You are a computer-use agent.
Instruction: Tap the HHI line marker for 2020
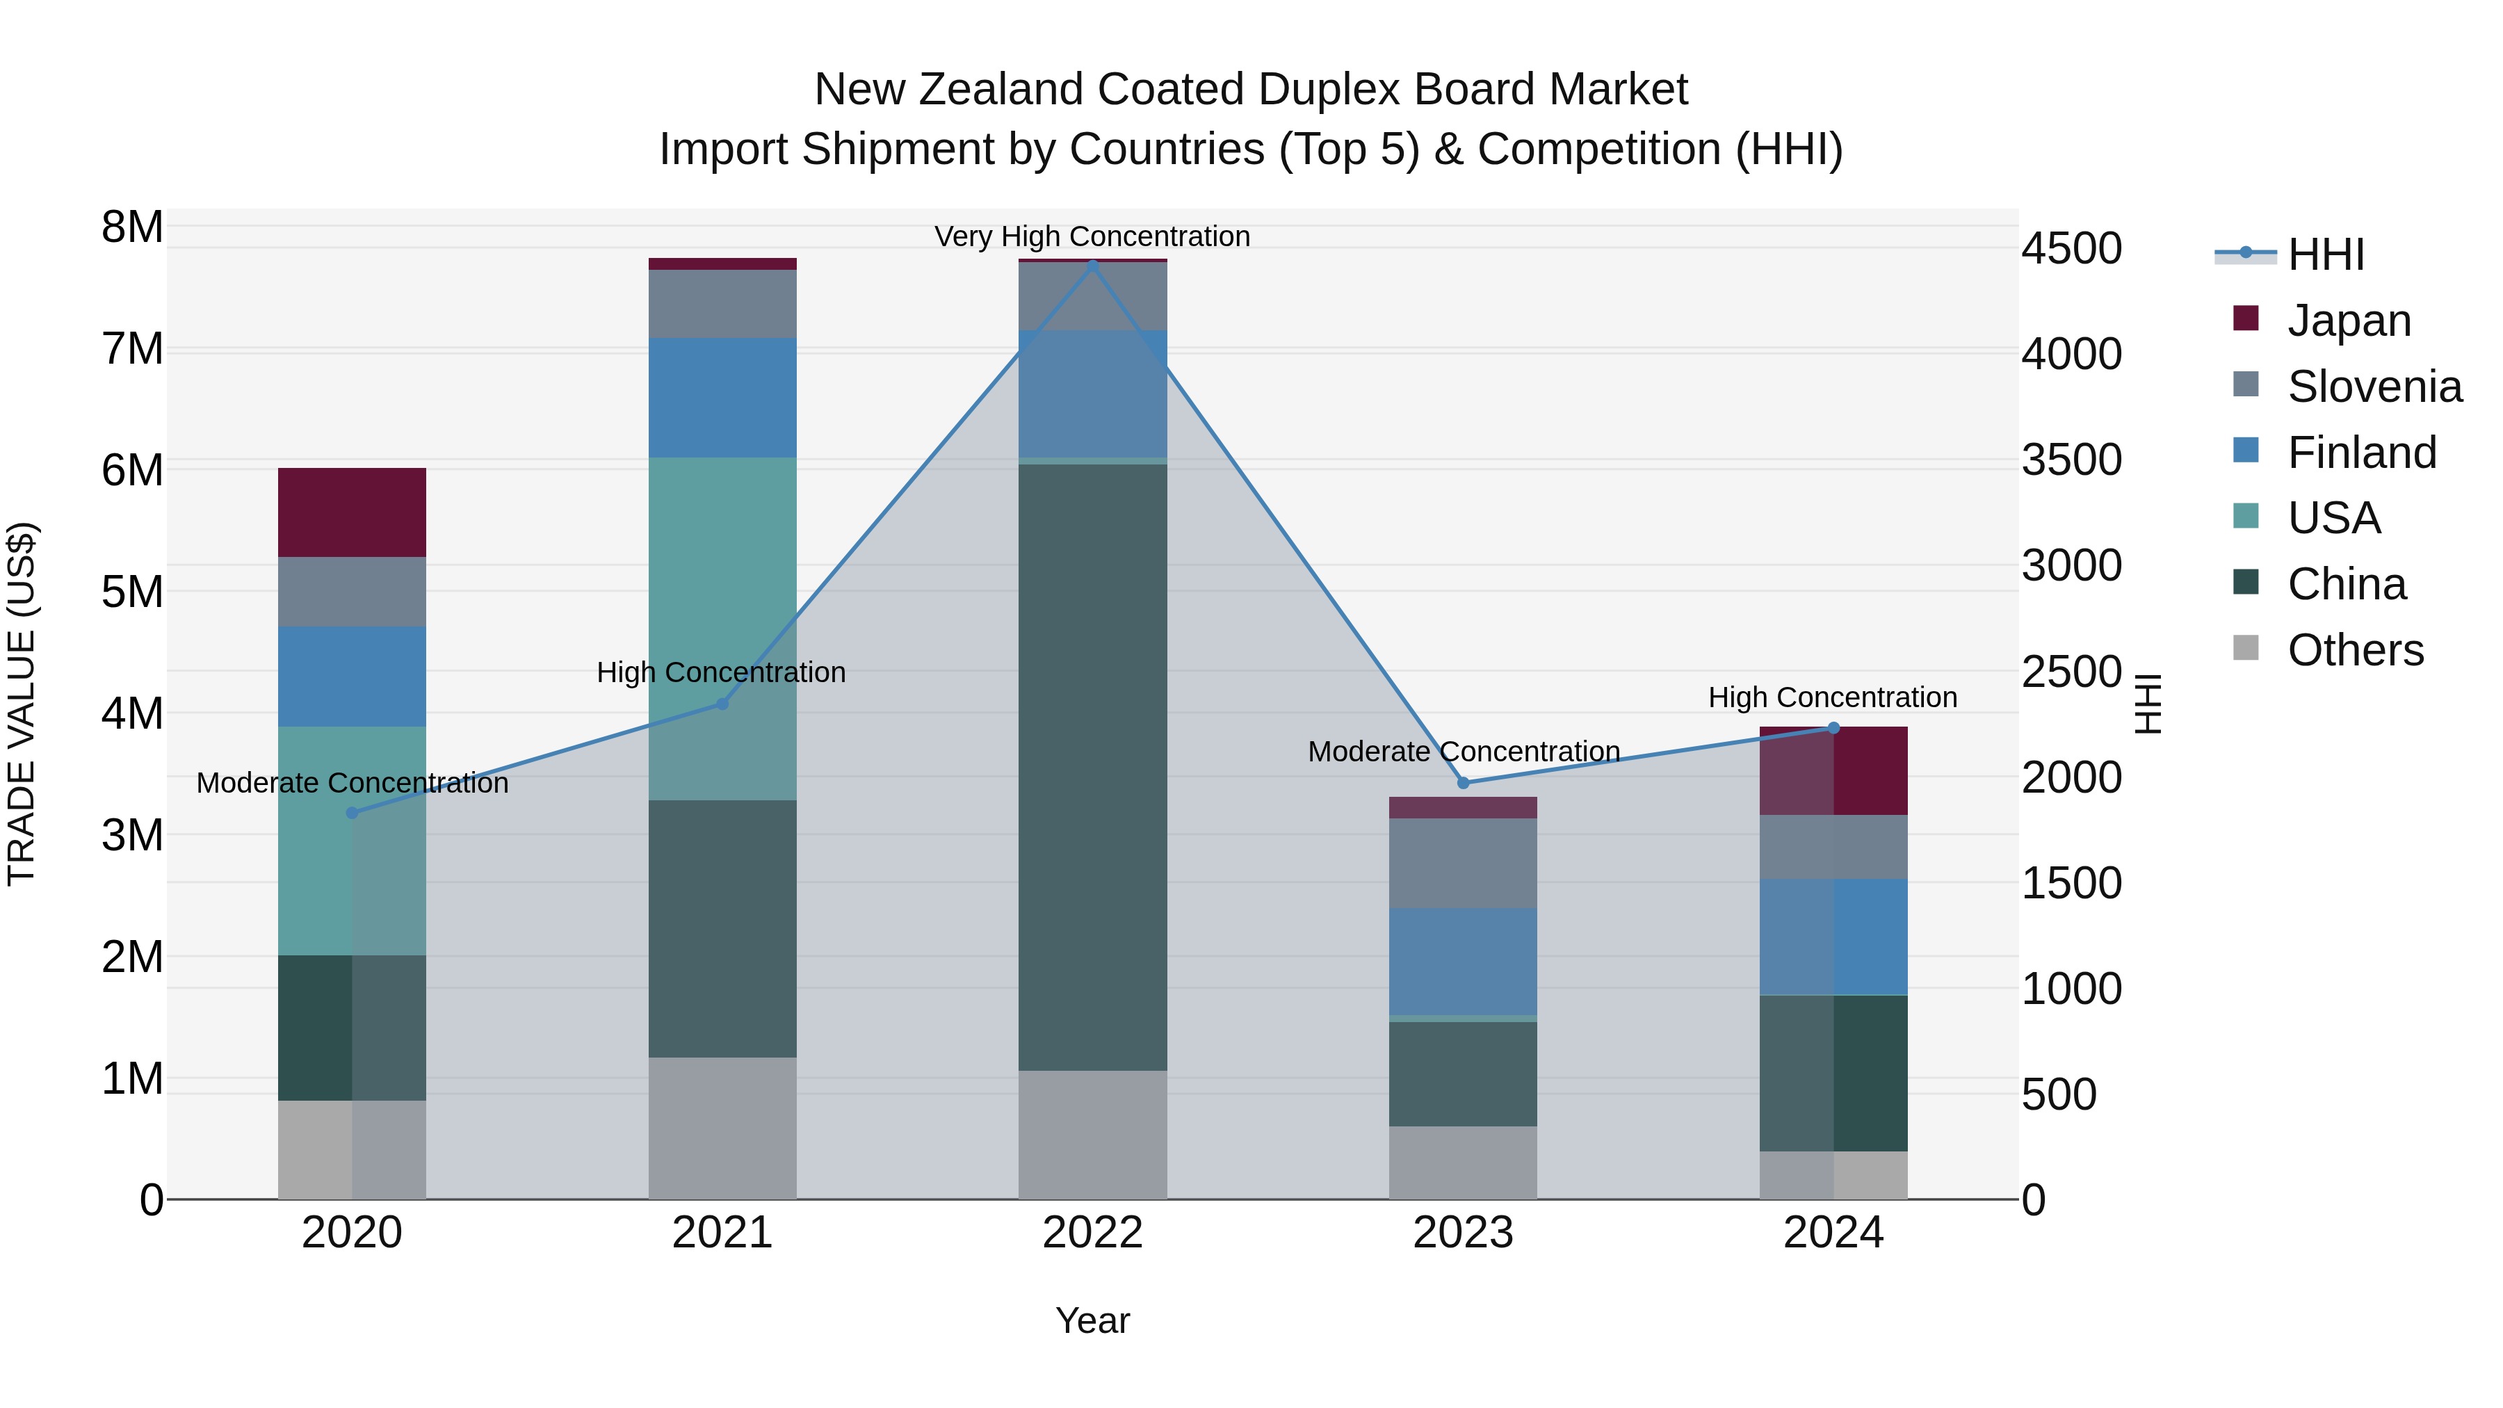[352, 814]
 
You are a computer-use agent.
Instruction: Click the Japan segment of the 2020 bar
[352, 512]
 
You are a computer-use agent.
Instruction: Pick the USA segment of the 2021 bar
[722, 628]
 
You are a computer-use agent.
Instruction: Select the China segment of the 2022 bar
[1092, 767]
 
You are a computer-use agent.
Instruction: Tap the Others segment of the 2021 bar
[722, 1127]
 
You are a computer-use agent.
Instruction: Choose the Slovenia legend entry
[2374, 387]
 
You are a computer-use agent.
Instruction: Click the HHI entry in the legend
[2325, 254]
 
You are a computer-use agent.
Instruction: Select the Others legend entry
[2354, 650]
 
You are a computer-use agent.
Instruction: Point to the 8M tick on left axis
[132, 227]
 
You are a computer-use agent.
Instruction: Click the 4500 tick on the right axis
[2072, 249]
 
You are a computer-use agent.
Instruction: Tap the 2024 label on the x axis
[1833, 1233]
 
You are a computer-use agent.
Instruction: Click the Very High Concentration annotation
[1092, 236]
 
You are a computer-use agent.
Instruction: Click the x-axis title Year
[1092, 1320]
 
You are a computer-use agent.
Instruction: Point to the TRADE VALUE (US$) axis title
[22, 704]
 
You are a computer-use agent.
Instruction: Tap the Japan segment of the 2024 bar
[1833, 770]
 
